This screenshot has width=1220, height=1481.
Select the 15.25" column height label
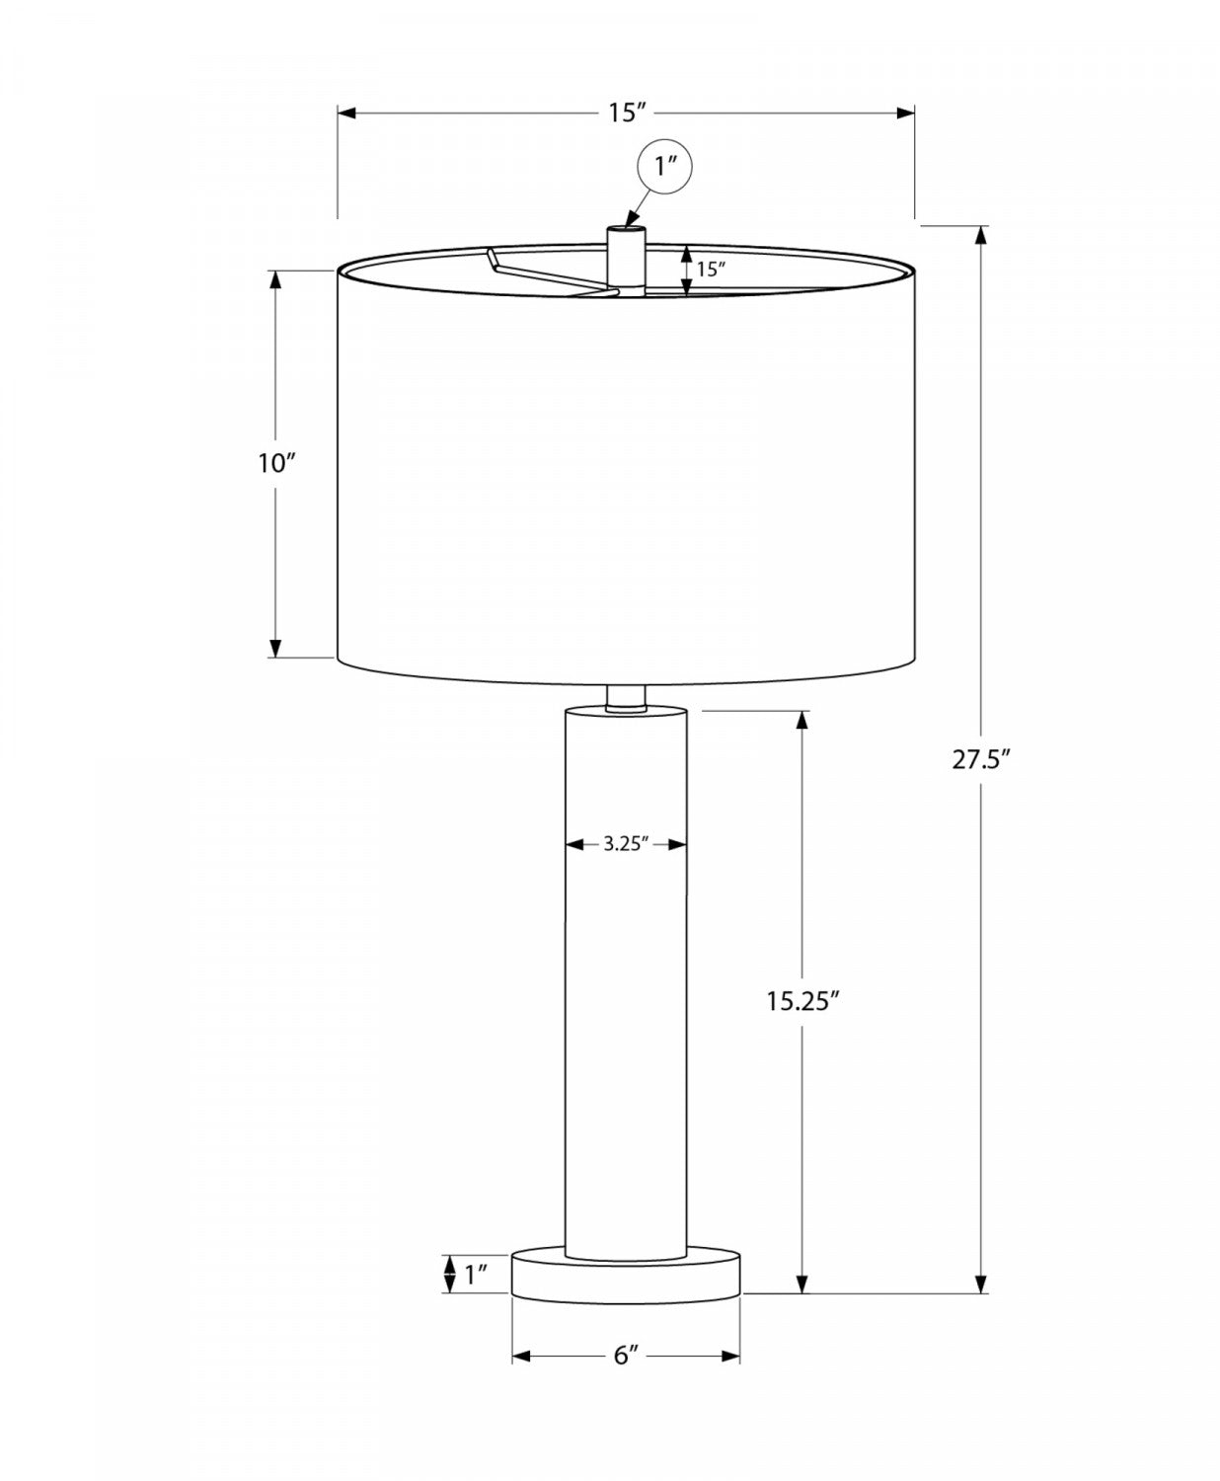tap(801, 1001)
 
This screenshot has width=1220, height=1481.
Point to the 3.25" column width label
tap(625, 844)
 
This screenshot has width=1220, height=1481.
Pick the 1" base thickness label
tap(477, 1274)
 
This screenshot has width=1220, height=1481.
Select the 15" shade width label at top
tap(626, 113)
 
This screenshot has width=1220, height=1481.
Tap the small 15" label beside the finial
tap(711, 268)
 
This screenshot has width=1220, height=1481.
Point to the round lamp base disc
tap(625, 1274)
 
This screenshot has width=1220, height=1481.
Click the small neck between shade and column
tap(625, 697)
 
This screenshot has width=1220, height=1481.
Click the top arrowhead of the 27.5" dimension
tap(980, 235)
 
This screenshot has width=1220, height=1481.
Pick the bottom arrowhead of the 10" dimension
tap(275, 648)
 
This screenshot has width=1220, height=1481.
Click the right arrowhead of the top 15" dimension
tap(905, 113)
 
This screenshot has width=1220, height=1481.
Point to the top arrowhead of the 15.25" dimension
tap(802, 720)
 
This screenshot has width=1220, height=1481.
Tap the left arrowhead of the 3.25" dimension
tap(573, 844)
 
